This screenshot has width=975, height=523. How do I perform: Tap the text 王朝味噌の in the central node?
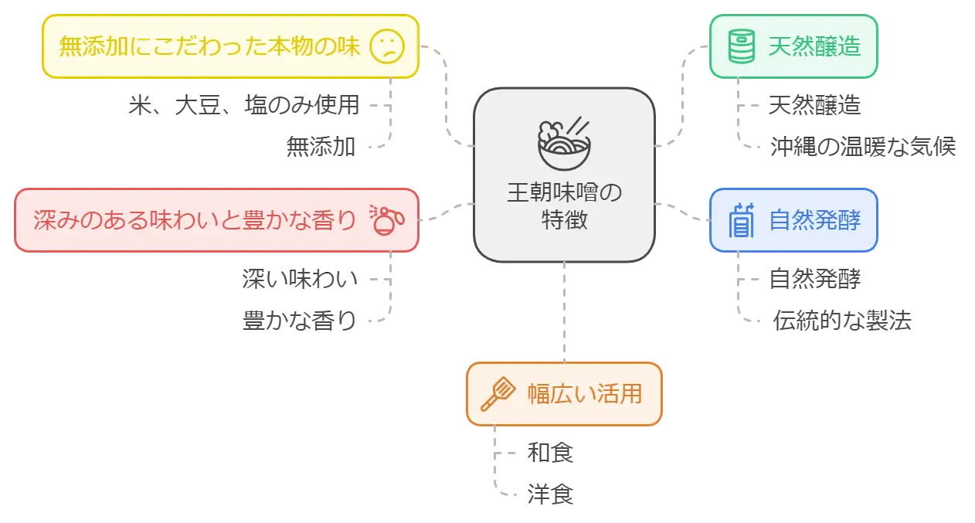coord(564,192)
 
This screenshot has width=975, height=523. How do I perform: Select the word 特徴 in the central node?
coord(564,219)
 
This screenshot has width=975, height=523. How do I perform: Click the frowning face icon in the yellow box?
coord(387,46)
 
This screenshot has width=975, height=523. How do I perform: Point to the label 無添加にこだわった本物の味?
coord(210,46)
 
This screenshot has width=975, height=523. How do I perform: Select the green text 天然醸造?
coord(814,46)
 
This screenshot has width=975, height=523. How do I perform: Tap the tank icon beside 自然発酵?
coord(742,221)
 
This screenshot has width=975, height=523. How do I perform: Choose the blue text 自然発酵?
coord(814,221)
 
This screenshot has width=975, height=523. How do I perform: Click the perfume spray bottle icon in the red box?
coord(387,220)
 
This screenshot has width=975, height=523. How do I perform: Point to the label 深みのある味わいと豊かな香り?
coord(195,220)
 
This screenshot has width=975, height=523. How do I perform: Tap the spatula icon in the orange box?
coord(498,395)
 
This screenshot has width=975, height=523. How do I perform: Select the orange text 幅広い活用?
coord(584,395)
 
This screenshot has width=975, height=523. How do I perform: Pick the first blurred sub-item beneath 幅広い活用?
coord(549,452)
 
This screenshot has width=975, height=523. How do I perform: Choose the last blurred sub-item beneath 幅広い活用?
coord(549,494)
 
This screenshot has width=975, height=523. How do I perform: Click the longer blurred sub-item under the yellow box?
coord(241,105)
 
